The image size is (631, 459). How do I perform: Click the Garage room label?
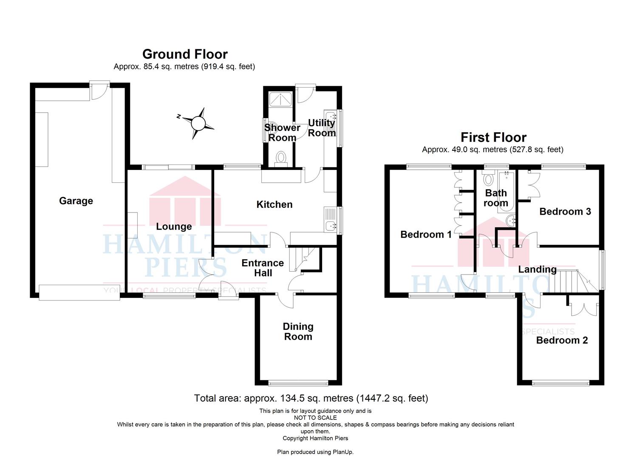tap(76, 201)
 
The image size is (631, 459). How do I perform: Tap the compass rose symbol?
tap(198, 123)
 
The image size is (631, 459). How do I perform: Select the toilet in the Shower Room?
tap(280, 159)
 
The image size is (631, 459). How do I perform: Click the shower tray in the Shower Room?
tap(280, 99)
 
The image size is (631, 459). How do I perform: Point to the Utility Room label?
tap(322, 127)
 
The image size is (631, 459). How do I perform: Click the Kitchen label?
tap(274, 204)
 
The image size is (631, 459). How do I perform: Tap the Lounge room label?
tap(174, 227)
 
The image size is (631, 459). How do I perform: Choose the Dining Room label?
tap(298, 331)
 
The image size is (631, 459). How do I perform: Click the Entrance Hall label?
tap(263, 268)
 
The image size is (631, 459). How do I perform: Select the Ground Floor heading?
tap(185, 54)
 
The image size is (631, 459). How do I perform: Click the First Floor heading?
tap(493, 138)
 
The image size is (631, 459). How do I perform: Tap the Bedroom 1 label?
tap(426, 235)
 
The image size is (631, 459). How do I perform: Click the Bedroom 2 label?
tap(562, 340)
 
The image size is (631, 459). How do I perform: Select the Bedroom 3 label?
tap(565, 212)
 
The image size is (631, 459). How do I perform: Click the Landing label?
tap(537, 269)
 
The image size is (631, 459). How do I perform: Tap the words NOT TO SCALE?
tap(315, 418)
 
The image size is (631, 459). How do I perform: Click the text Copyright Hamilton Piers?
tap(315, 438)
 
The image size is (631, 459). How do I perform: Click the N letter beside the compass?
tap(178, 116)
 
